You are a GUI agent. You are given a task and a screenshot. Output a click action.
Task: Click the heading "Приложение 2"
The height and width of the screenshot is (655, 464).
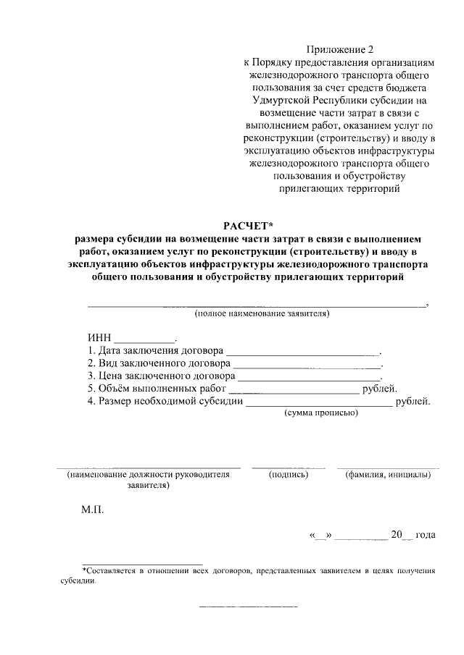[339, 50]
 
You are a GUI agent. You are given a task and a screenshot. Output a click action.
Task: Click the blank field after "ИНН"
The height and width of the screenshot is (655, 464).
[145, 339]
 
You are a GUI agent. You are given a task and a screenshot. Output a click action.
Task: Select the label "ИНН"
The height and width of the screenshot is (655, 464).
[99, 337]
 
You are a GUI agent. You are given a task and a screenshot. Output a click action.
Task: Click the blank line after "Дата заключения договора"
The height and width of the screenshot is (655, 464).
[307, 352]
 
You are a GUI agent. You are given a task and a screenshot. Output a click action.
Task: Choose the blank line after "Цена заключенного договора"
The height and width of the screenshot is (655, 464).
[309, 379]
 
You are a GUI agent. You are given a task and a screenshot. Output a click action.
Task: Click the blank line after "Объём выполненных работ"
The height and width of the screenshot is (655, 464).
[294, 392]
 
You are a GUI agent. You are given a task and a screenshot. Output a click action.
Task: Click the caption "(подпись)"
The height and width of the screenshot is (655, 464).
[289, 475]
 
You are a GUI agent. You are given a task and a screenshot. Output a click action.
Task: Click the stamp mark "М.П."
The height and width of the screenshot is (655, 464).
[92, 510]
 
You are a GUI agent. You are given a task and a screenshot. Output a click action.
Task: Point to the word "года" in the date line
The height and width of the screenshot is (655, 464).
[426, 535]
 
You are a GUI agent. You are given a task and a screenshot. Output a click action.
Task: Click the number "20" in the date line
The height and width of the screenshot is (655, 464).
[396, 535]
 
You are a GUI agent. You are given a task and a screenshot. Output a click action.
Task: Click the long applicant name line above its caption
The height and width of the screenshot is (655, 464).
[257, 306]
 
